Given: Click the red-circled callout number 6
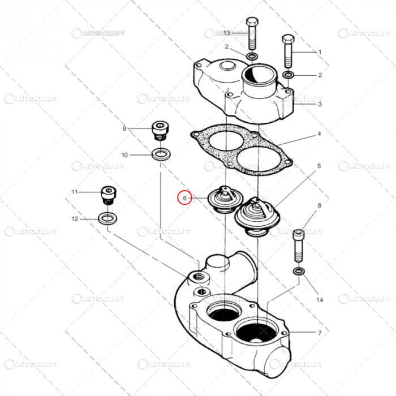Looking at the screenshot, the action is (184, 198).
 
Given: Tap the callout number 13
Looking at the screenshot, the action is (227, 33).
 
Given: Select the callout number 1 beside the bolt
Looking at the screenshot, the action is (320, 52).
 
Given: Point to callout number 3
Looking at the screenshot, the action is (320, 104).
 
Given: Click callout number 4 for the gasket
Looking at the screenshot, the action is (319, 134).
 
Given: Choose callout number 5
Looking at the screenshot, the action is (319, 166).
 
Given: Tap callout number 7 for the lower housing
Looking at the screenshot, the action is (320, 333).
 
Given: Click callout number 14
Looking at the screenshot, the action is (320, 300).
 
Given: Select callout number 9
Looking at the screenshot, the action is (124, 128).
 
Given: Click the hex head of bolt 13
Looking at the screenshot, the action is (252, 21).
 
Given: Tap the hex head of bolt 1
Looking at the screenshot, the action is (288, 40).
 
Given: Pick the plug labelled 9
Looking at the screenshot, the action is (160, 131).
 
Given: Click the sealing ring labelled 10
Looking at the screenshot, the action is (161, 154).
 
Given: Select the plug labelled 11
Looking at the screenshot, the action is (109, 195).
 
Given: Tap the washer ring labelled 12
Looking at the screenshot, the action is (107, 218).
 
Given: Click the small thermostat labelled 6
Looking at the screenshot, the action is (225, 200).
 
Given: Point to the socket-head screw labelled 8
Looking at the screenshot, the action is (299, 245).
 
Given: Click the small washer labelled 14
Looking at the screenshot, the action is (299, 272).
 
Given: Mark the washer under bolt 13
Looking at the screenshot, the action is (252, 56).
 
